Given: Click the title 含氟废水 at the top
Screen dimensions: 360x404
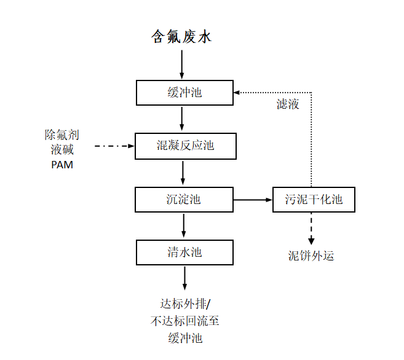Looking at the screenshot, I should [x=181, y=37].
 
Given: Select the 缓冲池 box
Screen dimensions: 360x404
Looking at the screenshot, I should [x=184, y=93].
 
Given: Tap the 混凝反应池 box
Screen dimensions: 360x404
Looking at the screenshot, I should [x=184, y=146].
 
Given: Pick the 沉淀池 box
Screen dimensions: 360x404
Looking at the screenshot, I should [x=184, y=200].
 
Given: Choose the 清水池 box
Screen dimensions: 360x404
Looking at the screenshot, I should [x=184, y=252].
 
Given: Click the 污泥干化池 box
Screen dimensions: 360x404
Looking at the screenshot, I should [x=314, y=200].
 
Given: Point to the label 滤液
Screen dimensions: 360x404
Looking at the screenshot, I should [x=288, y=104].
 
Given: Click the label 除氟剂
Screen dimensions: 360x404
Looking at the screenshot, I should [x=61, y=135].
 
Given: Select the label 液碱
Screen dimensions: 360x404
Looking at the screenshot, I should [x=61, y=149].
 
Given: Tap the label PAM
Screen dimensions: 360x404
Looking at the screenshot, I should [x=61, y=165].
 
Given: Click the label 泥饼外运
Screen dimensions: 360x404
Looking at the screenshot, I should [x=311, y=256].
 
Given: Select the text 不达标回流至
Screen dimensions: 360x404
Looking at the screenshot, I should [x=185, y=320].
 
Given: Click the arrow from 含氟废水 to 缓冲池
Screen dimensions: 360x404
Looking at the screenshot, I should [x=182, y=65].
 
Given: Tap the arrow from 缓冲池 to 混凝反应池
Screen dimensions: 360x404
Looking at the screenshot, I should [x=182, y=119].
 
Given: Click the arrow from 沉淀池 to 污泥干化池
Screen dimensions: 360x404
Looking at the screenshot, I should [x=253, y=200].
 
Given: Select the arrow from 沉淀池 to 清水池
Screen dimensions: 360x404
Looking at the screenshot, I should [x=183, y=226].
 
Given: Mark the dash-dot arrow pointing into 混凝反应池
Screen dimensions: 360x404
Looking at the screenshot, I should [x=114, y=146].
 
